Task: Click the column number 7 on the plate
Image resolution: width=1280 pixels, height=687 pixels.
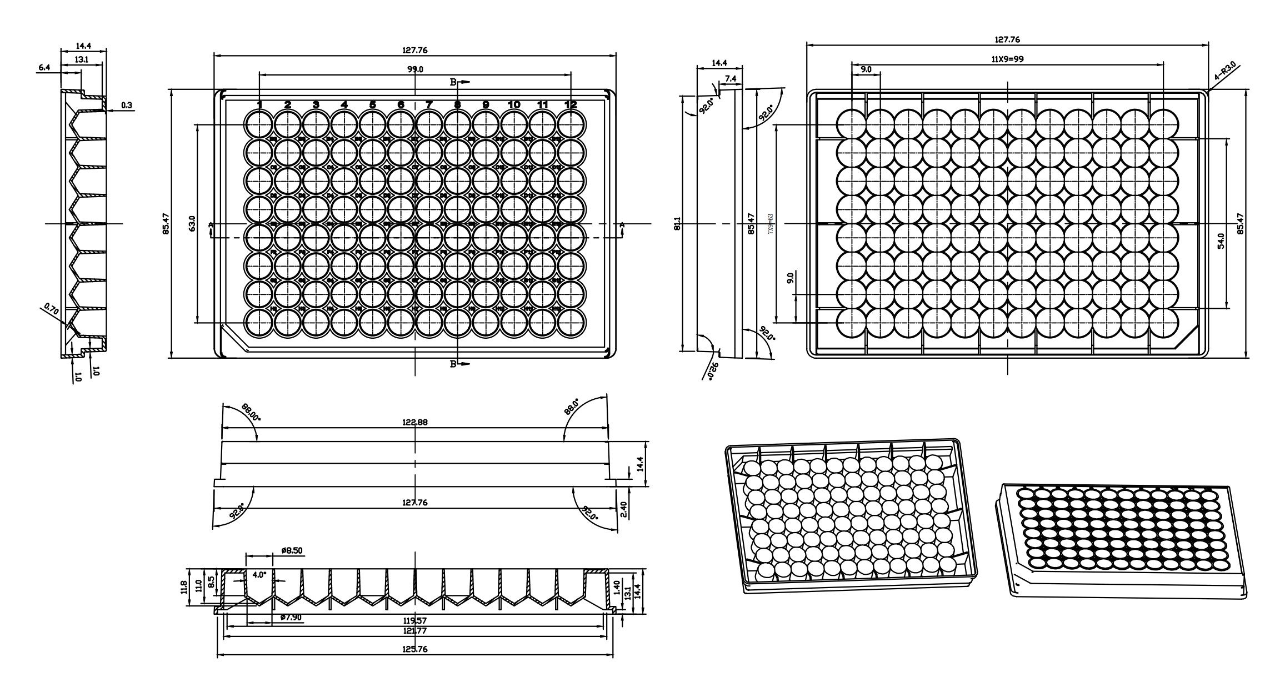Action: coord(429,104)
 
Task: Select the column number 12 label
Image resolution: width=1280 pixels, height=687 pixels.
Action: coord(571,104)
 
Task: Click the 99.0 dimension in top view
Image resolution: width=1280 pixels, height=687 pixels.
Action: coord(416,69)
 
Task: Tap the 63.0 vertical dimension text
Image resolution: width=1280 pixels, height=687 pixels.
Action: coord(192,224)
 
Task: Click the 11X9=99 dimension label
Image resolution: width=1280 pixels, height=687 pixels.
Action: coord(1008,59)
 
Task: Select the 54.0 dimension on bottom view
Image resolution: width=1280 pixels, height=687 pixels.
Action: coord(1221,242)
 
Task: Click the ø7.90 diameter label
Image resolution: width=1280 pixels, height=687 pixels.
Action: coord(291,617)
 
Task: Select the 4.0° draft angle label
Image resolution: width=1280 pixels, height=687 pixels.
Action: coord(259,575)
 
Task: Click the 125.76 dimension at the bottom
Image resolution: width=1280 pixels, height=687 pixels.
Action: coord(415,649)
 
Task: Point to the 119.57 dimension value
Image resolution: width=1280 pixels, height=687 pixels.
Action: coord(415,620)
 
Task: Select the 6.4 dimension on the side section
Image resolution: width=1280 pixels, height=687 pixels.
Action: coord(44,67)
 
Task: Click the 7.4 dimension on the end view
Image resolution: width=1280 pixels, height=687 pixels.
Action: coord(730,79)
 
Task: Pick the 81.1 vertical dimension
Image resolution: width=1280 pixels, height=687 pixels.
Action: coord(677,224)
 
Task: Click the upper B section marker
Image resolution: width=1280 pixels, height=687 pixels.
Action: coord(453,82)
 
